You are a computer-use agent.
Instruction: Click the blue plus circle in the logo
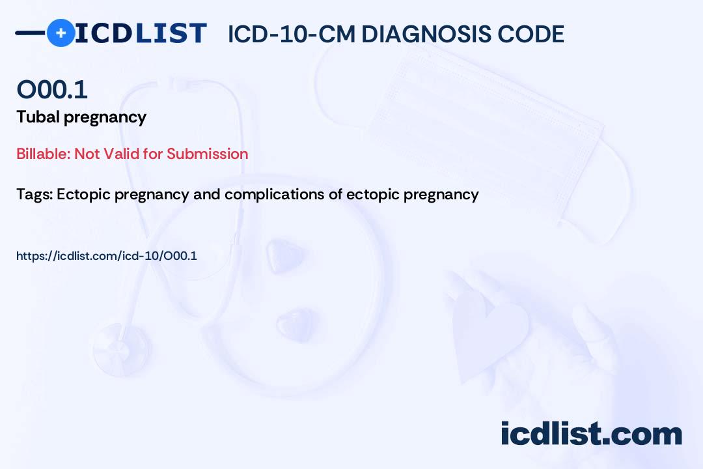[x=61, y=33]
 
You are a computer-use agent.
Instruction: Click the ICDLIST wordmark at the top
[x=141, y=33]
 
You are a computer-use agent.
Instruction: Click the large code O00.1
[x=52, y=90]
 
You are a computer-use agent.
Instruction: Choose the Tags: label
[x=34, y=195]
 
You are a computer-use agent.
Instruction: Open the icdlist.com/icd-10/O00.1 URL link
[x=107, y=256]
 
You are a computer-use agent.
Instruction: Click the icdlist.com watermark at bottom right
[x=591, y=434]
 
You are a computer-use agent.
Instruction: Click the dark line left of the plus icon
[x=30, y=33]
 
